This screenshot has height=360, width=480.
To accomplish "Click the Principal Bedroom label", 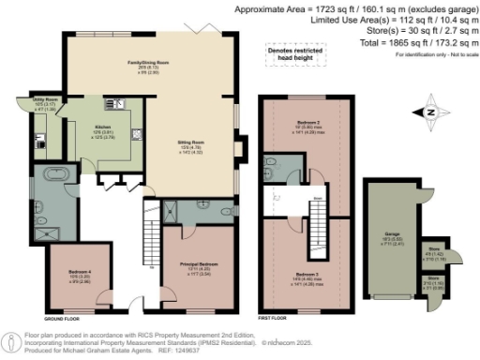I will coord(200,268).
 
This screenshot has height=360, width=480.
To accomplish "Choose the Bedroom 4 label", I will coord(79,276).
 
